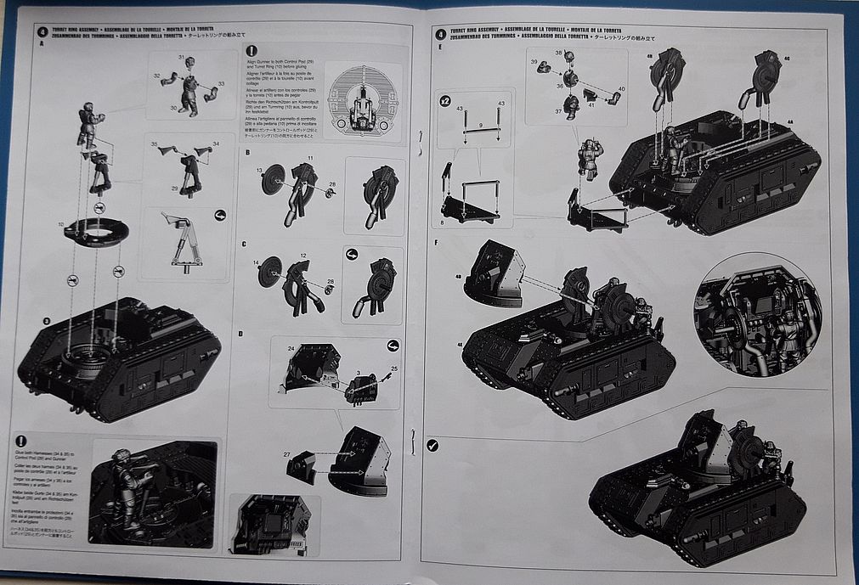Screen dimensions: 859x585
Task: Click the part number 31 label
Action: pyautogui.click(x=181, y=57)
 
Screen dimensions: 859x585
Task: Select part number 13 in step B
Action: pyautogui.click(x=260, y=170)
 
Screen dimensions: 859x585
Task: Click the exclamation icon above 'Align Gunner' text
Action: pyautogui.click(x=251, y=51)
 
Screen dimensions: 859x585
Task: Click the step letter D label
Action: pyautogui.click(x=241, y=334)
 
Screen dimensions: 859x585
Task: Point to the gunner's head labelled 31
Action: pyautogui.click(x=190, y=64)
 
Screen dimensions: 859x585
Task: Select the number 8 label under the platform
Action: pyautogui.click(x=442, y=222)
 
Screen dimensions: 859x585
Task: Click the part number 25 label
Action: pyautogui.click(x=393, y=368)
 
